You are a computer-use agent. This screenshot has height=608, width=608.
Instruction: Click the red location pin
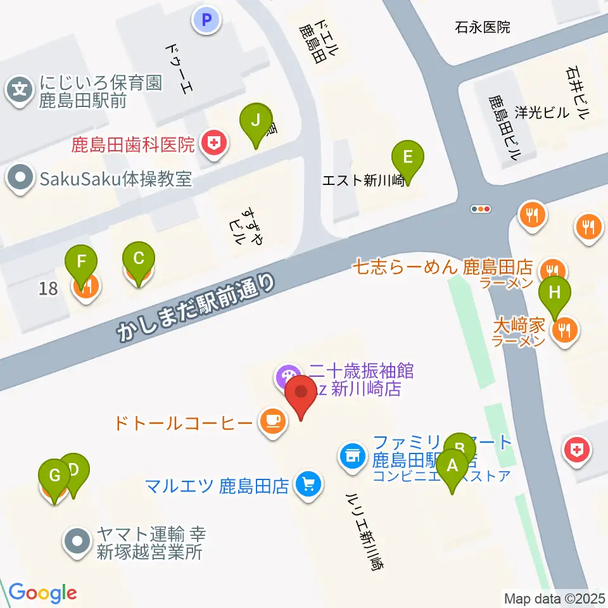pos(301,394)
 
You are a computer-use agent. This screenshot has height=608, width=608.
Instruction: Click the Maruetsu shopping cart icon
pos(309,486)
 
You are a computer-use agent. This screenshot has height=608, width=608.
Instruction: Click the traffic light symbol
pos(481,208)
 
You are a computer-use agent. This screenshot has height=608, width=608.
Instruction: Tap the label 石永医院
pos(482,27)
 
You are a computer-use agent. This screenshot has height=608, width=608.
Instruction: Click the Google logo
pos(42,593)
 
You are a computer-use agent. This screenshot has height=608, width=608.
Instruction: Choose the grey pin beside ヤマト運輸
pos(78,543)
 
